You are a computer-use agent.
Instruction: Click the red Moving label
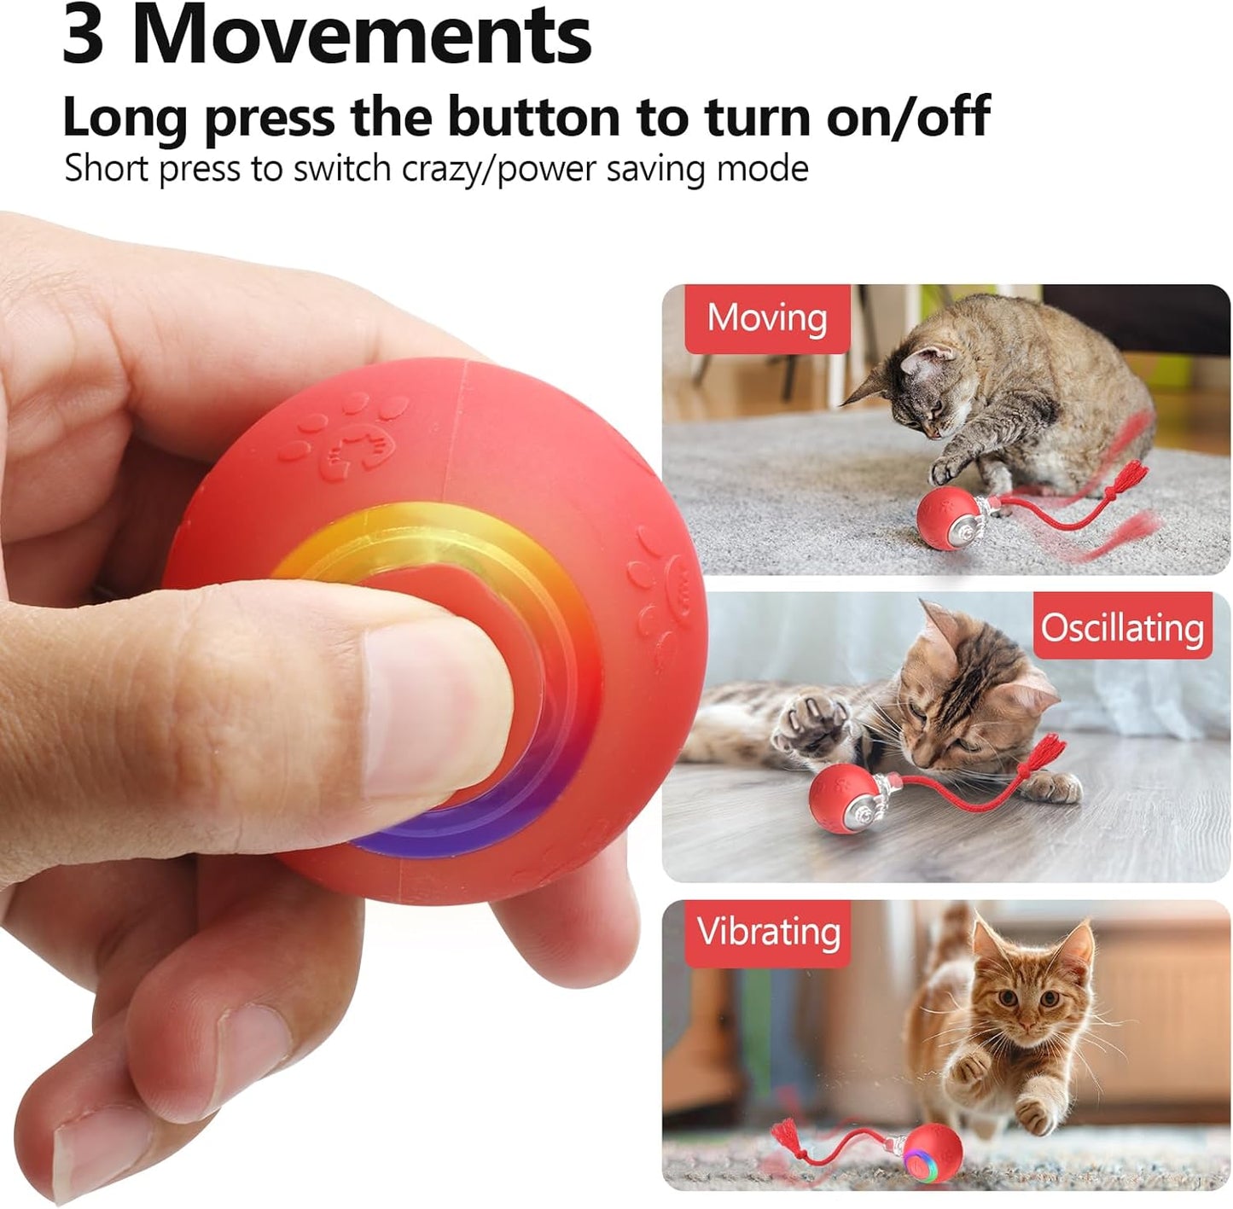pyautogui.click(x=767, y=318)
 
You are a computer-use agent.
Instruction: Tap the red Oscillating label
pyautogui.click(x=1122, y=627)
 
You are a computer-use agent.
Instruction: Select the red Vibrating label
pyautogui.click(x=768, y=932)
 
